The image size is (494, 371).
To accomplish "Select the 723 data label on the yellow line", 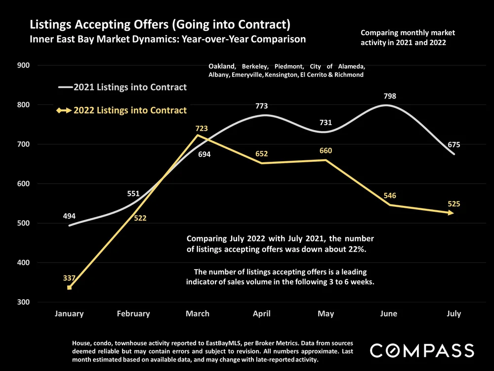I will tap(202, 129).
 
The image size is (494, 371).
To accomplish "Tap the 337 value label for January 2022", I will tap(69, 278).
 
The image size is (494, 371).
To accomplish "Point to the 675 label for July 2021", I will tap(453, 145).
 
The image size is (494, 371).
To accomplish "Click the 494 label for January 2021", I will tap(69, 216).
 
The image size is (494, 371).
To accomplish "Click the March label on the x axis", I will tap(198, 314).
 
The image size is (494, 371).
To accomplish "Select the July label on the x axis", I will tap(453, 314).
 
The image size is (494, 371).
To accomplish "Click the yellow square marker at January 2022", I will tap(69, 287).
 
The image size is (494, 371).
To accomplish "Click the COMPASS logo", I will tap(422, 351).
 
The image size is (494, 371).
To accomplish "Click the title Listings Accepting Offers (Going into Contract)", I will tap(160, 24).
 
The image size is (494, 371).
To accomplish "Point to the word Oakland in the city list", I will tap(222, 66).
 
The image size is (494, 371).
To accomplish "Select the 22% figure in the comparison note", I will tap(356, 249).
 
